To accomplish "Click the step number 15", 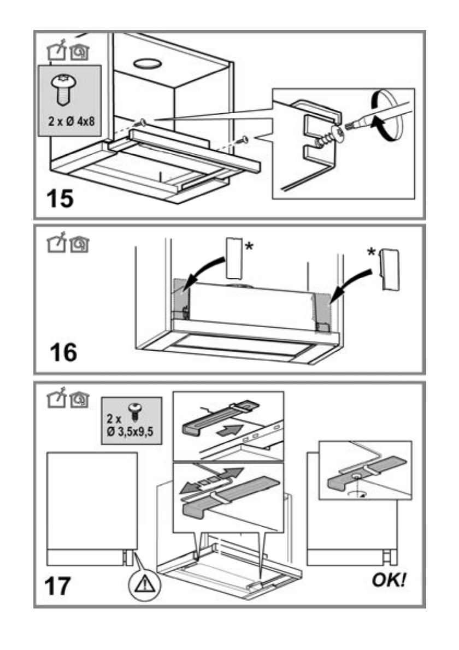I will click(59, 198).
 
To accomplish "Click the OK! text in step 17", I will click(390, 580).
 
